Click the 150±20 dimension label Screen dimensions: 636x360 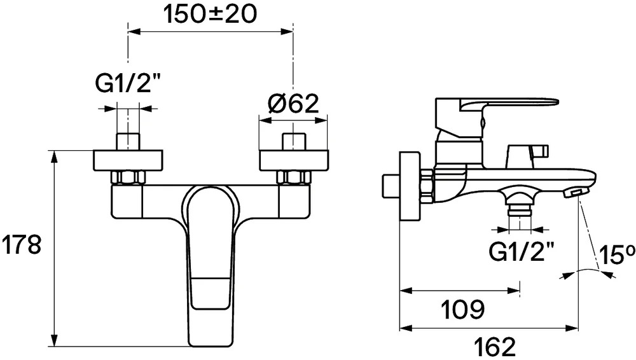click(210, 15)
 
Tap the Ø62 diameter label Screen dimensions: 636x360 click(293, 104)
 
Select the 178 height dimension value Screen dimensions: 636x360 click(22, 245)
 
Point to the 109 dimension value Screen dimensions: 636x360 click(462, 310)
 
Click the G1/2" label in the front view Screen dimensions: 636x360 click(127, 83)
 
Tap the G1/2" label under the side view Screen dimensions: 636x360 click(521, 252)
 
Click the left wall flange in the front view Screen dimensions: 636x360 click(128, 160)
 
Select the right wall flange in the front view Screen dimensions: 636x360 click(294, 160)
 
